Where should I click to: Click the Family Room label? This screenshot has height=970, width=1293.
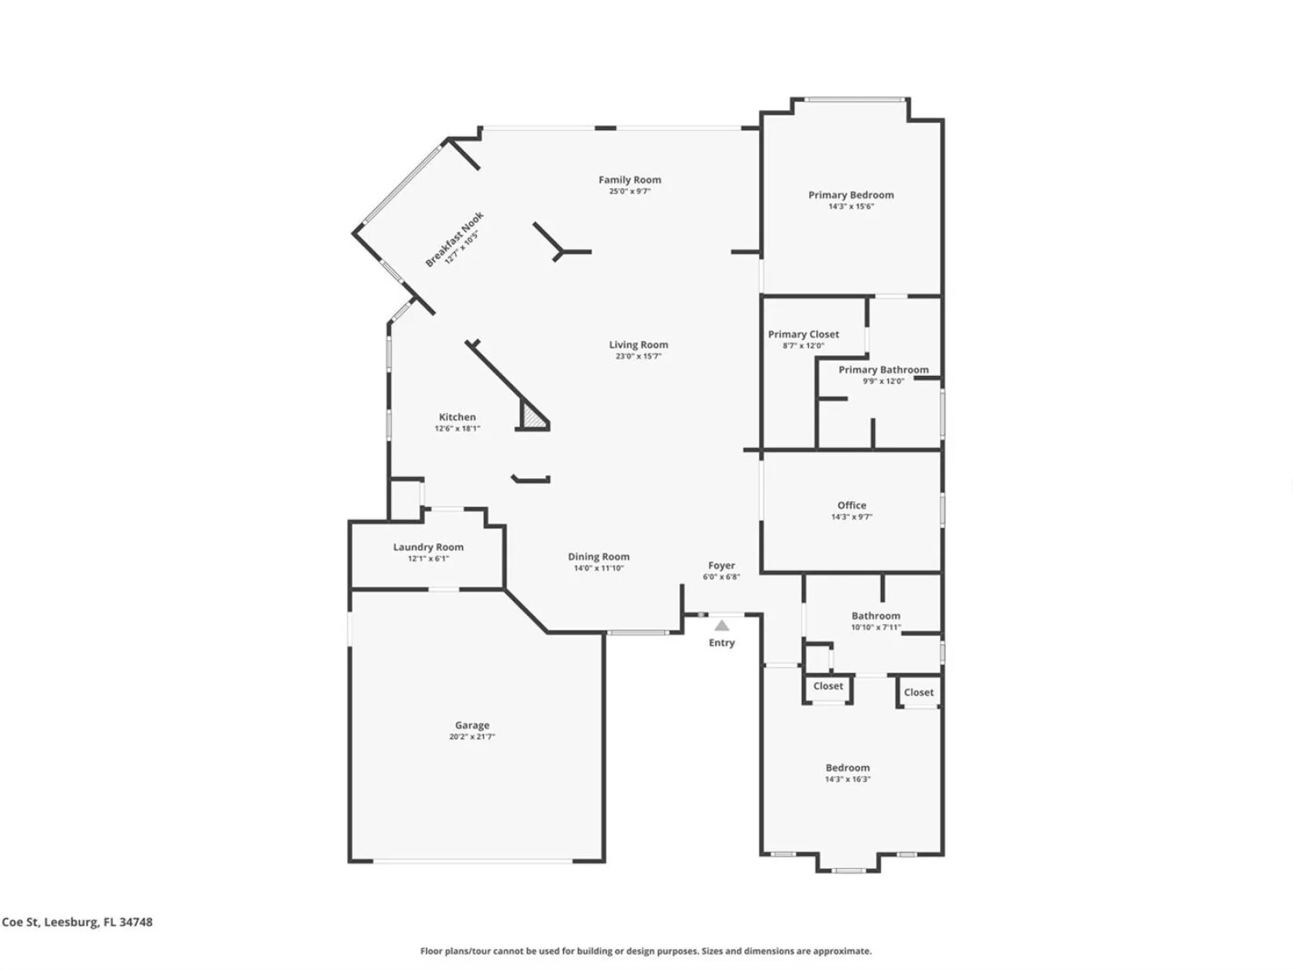click(x=630, y=179)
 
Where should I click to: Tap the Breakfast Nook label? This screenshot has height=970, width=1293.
click(x=454, y=239)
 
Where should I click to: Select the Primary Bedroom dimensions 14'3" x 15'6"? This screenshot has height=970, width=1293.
click(x=851, y=206)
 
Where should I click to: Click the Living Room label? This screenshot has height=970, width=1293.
click(x=638, y=344)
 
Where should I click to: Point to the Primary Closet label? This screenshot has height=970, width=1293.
click(x=803, y=334)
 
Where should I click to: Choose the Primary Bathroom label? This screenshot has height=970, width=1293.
click(x=883, y=369)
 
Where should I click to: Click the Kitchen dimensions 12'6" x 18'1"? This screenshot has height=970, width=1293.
click(x=457, y=428)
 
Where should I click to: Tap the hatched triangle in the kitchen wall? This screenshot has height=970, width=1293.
click(x=533, y=416)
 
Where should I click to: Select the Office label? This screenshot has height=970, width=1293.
click(x=852, y=504)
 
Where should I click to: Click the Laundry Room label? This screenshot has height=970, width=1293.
click(x=428, y=546)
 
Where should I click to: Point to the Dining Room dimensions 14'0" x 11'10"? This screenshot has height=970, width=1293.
click(x=599, y=567)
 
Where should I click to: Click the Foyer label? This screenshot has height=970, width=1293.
click(x=721, y=565)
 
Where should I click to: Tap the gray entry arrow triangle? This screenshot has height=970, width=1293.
click(x=722, y=626)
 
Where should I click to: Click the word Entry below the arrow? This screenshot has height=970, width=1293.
click(x=722, y=643)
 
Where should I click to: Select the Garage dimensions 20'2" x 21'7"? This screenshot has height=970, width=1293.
click(x=472, y=736)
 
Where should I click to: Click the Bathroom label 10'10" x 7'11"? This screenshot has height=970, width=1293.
click(x=876, y=615)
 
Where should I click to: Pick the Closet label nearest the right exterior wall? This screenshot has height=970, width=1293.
click(x=918, y=692)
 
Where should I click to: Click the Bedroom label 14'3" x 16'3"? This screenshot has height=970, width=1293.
click(x=848, y=767)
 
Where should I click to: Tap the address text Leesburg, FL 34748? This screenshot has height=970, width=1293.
click(x=98, y=921)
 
